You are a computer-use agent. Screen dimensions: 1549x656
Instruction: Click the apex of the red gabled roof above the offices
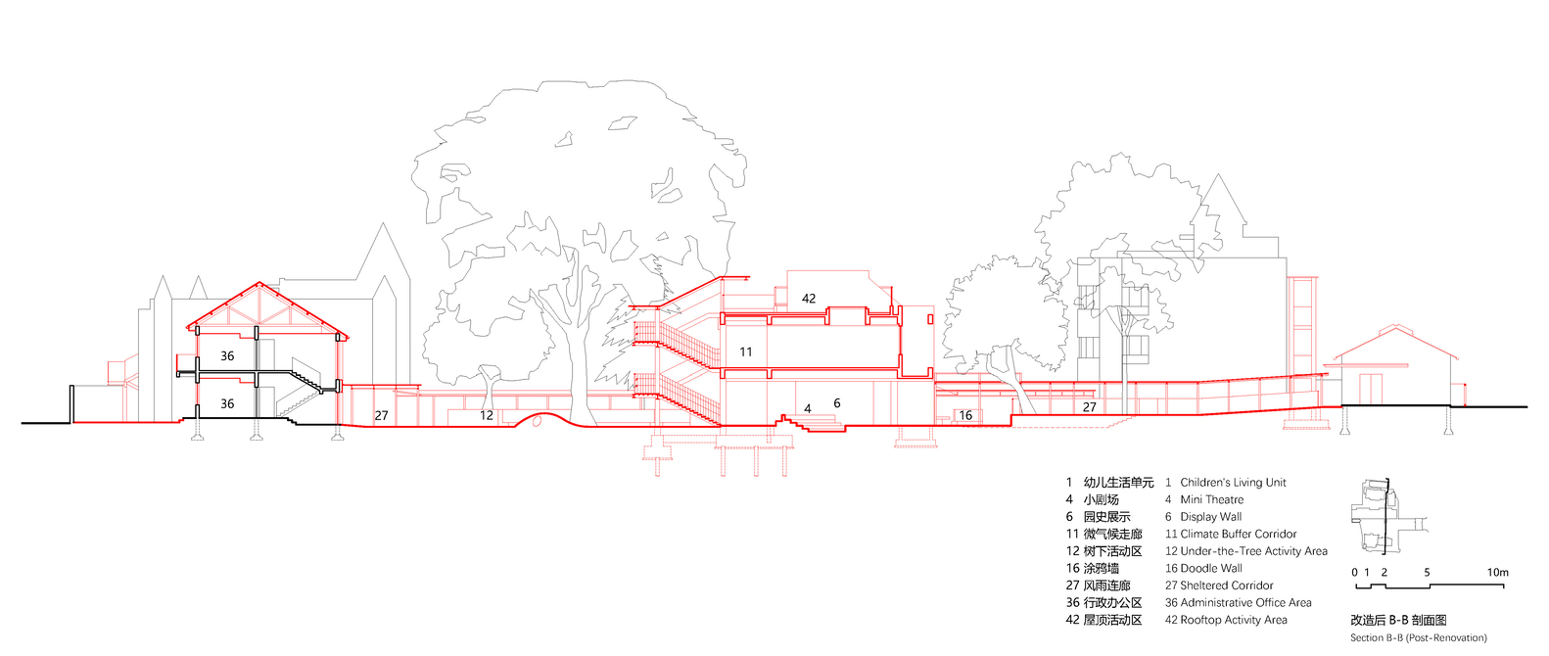pos(259,283)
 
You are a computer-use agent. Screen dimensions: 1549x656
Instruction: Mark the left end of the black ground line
pos(23,422)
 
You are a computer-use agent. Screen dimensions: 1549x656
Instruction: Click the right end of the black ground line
pos(1526,406)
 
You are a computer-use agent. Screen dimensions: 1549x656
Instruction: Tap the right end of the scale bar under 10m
pos(1503,586)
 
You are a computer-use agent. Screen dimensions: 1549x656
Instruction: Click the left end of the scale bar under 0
pos(1356,586)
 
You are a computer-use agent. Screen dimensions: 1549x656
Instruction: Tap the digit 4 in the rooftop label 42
pos(805,299)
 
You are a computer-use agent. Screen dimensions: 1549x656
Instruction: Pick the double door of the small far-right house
pos(1370,389)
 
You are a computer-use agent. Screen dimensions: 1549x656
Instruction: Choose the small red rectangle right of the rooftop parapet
pos(930,318)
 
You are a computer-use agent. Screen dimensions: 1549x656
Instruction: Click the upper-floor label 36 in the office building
pos(227,356)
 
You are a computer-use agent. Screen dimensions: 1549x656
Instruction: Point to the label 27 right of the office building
pos(381,415)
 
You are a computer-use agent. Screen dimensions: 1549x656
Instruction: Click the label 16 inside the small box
pos(965,415)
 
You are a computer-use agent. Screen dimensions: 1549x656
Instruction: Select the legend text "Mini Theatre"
pos(1211,499)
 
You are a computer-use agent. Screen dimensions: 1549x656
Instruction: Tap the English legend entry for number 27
pos(1219,585)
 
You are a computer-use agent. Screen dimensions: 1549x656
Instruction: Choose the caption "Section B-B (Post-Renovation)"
pos(1419,637)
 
